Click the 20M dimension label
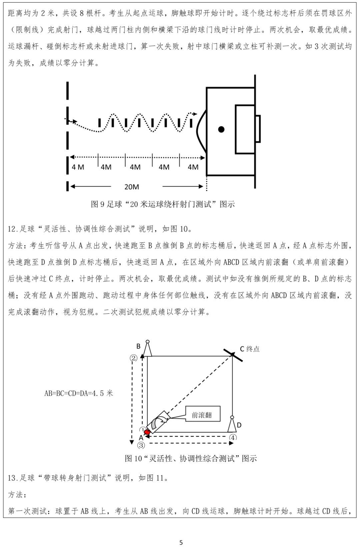coord(132,187)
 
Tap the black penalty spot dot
coord(221,129)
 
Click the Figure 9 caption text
coord(163,204)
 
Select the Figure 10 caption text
coord(191,458)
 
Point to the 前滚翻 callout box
coord(203,415)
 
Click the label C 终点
coord(250,349)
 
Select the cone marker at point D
coord(232,424)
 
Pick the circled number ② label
coord(133,358)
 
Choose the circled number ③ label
coord(141,445)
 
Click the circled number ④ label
coord(233,437)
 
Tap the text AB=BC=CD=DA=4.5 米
coord(79,393)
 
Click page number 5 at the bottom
coord(181,543)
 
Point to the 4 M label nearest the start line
coord(78,167)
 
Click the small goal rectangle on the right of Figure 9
coord(258,129)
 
